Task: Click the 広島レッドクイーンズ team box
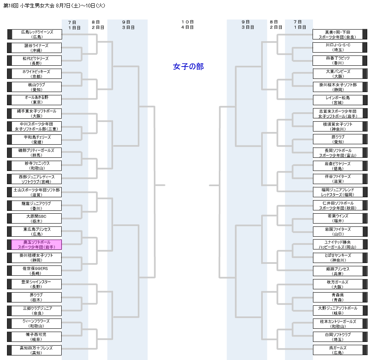pos(37,34)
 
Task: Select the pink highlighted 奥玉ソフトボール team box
pos(37,245)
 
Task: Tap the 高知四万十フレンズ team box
pos(37,350)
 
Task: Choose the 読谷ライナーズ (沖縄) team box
pos(37,48)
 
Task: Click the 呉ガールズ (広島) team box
pos(338,350)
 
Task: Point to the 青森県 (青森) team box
pos(338,298)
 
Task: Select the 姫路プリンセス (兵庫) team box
pos(338,271)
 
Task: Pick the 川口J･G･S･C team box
pos(338,48)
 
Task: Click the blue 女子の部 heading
pos(188,67)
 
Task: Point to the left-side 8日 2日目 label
pos(98,25)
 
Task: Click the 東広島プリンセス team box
pos(37,232)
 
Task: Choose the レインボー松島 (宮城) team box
pos(338,100)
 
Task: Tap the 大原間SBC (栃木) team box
pos(37,219)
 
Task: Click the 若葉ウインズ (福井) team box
pos(338,219)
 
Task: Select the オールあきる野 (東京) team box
pos(37,100)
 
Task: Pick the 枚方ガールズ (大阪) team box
pos(338,284)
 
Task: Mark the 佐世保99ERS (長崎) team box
pos(37,271)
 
